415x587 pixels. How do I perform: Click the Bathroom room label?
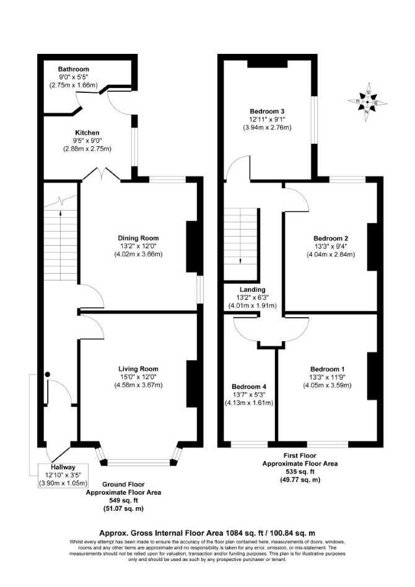[x=74, y=69]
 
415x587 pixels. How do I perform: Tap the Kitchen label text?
[x=87, y=133]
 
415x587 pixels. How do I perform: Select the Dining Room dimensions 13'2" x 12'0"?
[x=138, y=246]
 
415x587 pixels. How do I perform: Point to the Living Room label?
[x=138, y=369]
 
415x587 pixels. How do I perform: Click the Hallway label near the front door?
[x=63, y=467]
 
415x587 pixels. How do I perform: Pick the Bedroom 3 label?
[x=267, y=111]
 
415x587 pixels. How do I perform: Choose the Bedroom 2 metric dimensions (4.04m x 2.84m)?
[x=331, y=254]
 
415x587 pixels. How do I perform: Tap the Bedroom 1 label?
[x=328, y=369]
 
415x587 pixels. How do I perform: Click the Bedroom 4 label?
[x=249, y=386]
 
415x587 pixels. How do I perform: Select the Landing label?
[x=253, y=289]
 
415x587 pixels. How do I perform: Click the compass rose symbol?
[x=367, y=102]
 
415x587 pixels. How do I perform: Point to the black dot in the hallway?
[x=47, y=374]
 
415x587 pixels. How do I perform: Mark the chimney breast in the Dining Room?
[x=192, y=246]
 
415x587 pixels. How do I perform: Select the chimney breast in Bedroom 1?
[x=372, y=376]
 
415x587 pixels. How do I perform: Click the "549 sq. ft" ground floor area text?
[x=123, y=500]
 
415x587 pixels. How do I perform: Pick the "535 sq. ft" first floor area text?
[x=300, y=471]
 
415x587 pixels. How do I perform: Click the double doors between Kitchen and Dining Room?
[x=101, y=175]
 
